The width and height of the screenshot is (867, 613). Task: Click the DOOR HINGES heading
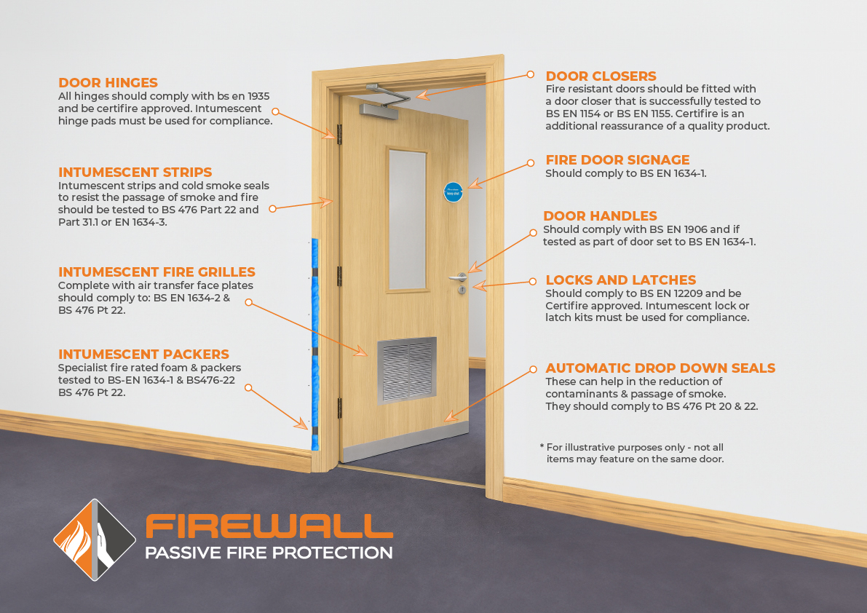108,83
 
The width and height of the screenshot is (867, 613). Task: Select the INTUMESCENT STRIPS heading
135,173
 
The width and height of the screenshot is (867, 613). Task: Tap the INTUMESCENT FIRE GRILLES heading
157,272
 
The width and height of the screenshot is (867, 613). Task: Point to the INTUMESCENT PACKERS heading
143,355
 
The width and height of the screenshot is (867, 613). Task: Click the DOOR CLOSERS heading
601,76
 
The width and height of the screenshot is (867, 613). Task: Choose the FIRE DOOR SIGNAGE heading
617,160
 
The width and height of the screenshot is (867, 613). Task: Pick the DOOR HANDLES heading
600,216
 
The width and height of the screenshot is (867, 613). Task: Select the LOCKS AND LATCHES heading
620,280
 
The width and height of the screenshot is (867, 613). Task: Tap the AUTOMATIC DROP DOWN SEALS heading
660,368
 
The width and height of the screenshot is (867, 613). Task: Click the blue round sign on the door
454,192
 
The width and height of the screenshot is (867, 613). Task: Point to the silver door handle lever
459,277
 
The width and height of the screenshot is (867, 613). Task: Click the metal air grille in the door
406,371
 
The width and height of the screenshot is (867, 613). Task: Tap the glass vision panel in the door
408,220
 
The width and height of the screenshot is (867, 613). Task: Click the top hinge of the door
339,135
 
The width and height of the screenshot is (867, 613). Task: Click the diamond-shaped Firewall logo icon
95,539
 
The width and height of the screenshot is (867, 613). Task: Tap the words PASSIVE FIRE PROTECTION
269,553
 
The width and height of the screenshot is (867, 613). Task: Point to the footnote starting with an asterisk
632,453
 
